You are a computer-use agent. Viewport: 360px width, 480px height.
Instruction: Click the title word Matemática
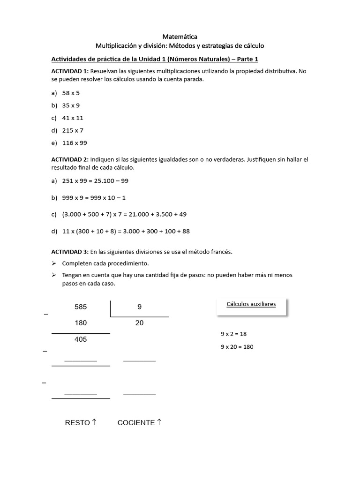[180, 36]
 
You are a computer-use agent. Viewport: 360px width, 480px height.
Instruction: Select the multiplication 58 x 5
[71, 93]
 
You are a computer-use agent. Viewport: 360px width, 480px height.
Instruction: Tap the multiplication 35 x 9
[71, 105]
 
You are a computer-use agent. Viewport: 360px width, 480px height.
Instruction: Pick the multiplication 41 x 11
[73, 118]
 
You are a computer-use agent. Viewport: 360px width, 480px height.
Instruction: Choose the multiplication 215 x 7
[73, 130]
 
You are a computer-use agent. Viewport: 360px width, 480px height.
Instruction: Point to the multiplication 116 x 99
[75, 142]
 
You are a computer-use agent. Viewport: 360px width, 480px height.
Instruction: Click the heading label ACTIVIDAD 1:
[70, 71]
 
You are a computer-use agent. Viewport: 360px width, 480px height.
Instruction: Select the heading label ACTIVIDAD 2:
[70, 159]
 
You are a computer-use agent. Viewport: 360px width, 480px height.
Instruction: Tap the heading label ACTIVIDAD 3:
[70, 252]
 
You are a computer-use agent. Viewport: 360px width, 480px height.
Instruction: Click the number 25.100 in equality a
[106, 180]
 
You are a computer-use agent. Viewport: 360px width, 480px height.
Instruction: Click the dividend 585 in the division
[81, 307]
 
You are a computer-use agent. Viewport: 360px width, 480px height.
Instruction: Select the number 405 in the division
[81, 339]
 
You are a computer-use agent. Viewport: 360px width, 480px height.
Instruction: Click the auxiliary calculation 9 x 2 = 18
[233, 335]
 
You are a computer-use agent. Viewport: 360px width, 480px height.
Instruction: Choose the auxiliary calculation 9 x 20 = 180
[237, 347]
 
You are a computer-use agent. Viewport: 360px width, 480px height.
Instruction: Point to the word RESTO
[77, 423]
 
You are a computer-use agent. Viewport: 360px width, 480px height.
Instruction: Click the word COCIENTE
[136, 423]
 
